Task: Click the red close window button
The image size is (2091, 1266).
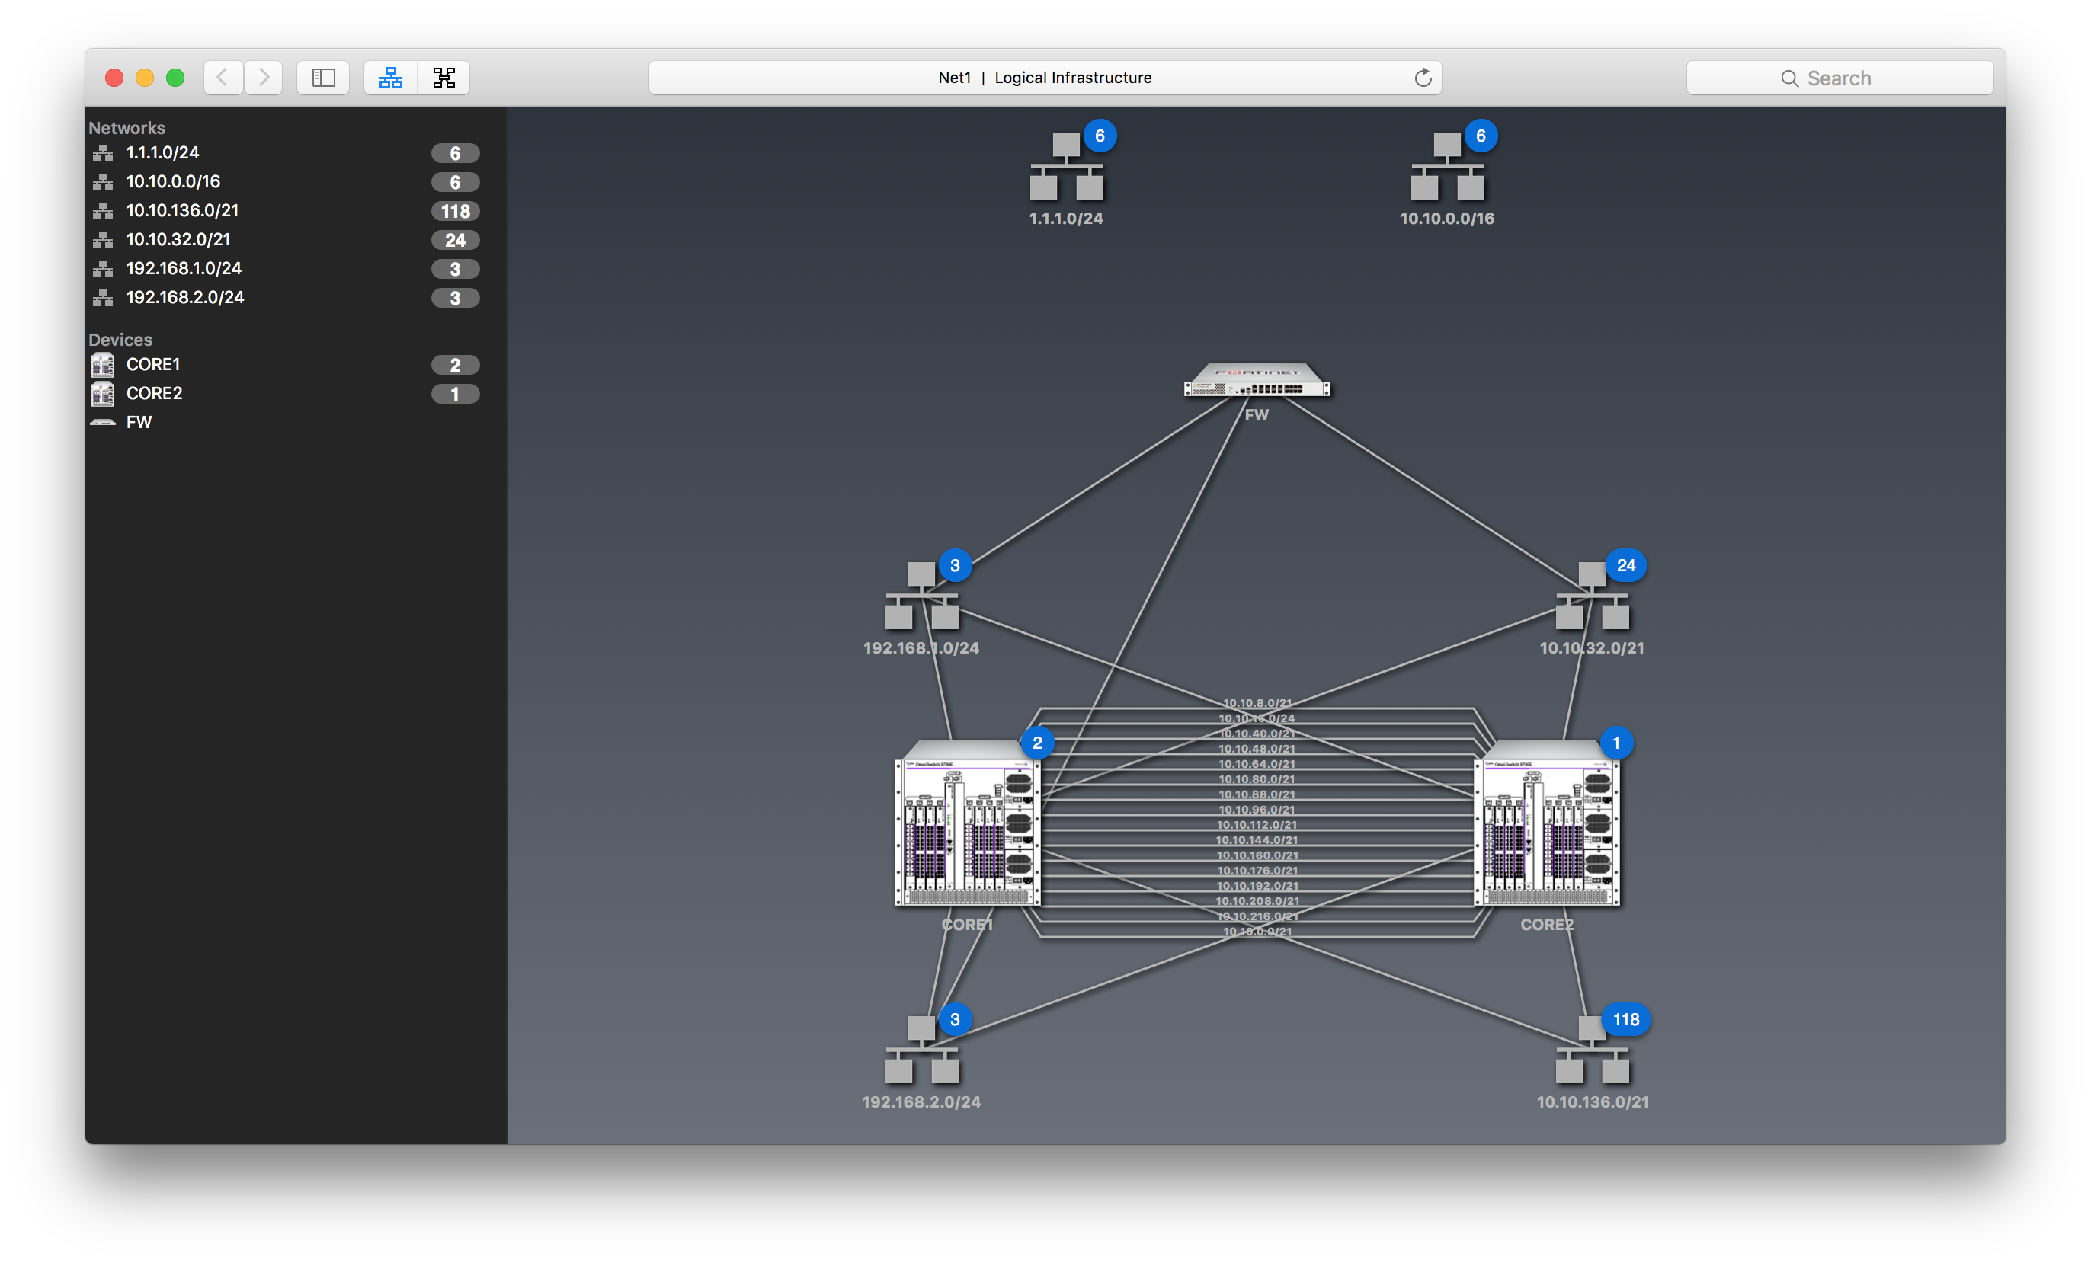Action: (x=114, y=78)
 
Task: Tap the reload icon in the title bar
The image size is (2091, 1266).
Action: (x=1422, y=78)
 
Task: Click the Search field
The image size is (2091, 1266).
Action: (x=1839, y=78)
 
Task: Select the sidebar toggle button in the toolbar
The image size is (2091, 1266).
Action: (x=323, y=78)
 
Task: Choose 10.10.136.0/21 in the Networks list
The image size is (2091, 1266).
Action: (x=182, y=210)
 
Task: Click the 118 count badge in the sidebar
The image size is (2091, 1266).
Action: (x=455, y=211)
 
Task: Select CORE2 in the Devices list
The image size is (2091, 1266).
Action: (x=154, y=394)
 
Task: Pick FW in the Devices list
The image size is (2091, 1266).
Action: (x=139, y=423)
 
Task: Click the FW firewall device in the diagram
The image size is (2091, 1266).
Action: (x=1257, y=380)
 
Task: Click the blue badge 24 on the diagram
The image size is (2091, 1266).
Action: (x=1625, y=566)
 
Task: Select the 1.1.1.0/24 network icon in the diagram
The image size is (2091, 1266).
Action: (x=1066, y=167)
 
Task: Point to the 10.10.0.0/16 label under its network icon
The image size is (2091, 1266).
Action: (x=1447, y=219)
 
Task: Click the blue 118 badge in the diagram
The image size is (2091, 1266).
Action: (x=1625, y=1020)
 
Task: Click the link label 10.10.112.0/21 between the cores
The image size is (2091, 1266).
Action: (x=1257, y=825)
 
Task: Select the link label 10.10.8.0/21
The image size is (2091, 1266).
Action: (x=1257, y=703)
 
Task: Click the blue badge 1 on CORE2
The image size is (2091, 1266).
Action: (x=1615, y=743)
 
